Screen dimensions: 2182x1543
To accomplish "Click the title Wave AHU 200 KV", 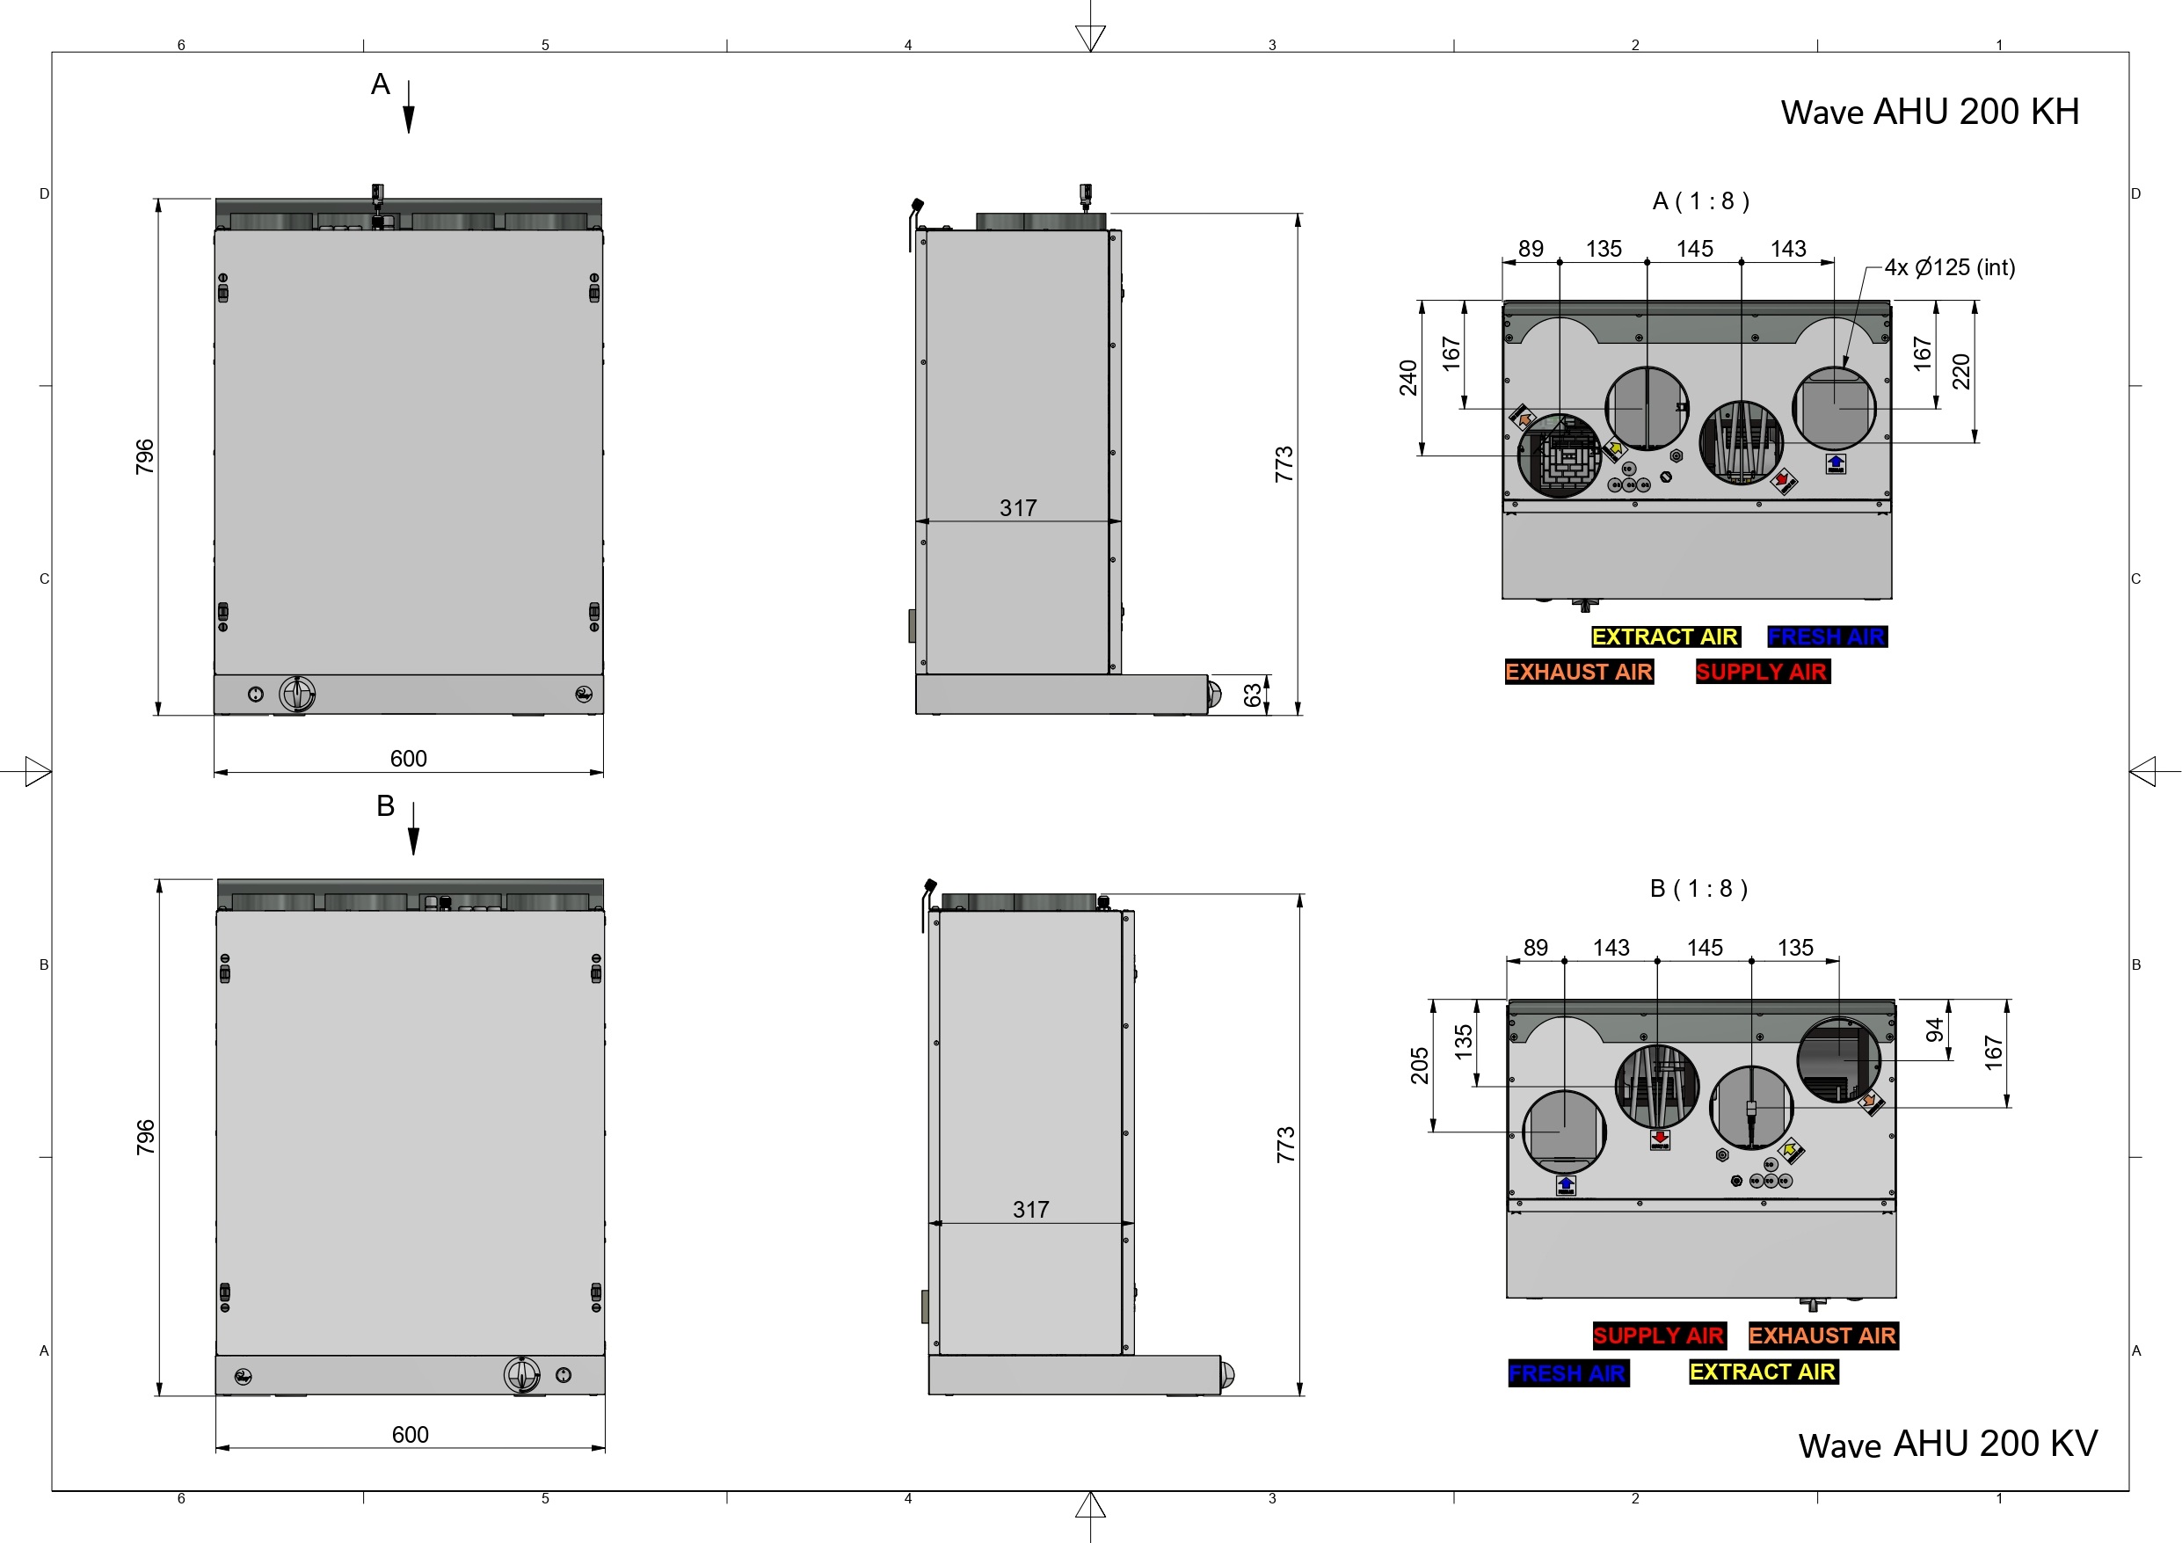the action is (1947, 1445).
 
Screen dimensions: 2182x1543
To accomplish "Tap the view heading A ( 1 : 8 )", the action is (1700, 201).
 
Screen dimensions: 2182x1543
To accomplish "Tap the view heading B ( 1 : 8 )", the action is (1698, 889).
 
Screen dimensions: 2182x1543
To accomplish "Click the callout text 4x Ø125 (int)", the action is (1949, 267).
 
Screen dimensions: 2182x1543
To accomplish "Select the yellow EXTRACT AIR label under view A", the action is (1665, 637).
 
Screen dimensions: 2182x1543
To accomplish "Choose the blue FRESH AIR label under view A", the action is (1827, 637).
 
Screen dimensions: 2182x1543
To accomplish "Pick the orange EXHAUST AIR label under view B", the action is (1822, 1336).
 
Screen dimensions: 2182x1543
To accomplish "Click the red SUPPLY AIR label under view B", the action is (1658, 1336).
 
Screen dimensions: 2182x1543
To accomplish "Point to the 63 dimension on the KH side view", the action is (1253, 695).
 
